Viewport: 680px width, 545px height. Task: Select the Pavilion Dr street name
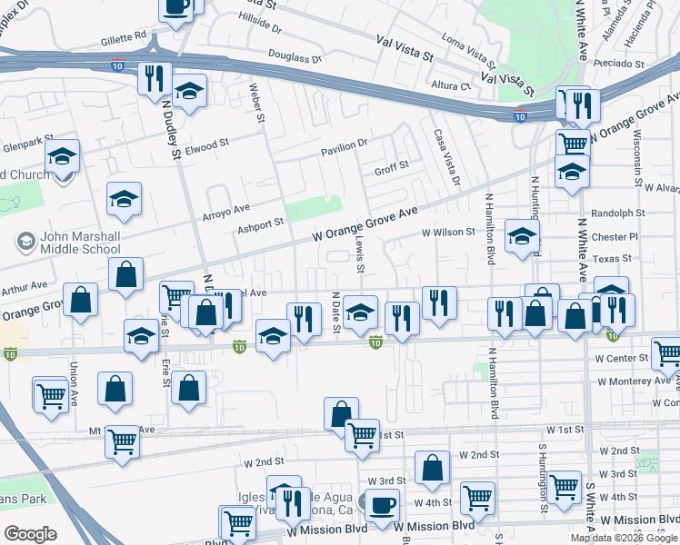[344, 144]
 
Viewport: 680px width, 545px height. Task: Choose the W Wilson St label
[448, 232]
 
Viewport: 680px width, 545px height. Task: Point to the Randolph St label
[617, 213]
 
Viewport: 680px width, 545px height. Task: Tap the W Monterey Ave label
[633, 381]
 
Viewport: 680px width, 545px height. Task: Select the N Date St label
[336, 312]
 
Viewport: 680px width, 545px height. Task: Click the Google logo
[30, 534]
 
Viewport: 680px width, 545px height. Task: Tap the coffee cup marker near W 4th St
[381, 502]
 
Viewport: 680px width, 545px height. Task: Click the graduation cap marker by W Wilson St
[522, 236]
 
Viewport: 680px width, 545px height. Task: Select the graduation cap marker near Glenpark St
[63, 156]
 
